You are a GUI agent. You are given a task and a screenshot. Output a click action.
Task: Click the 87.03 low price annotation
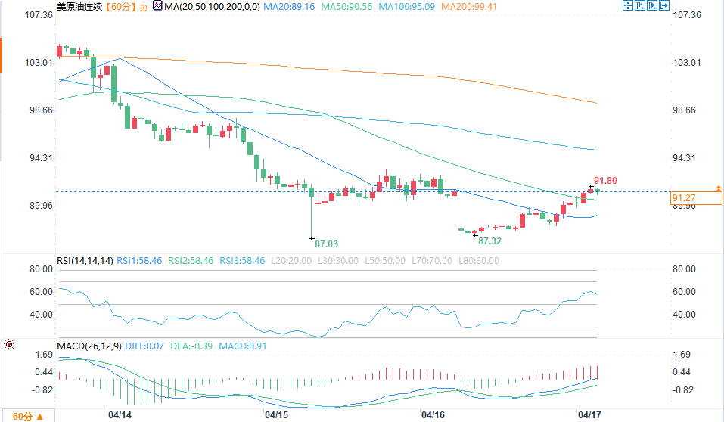click(x=326, y=244)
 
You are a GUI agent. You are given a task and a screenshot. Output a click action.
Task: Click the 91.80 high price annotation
click(x=605, y=180)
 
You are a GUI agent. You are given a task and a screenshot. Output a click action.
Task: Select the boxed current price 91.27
click(x=684, y=198)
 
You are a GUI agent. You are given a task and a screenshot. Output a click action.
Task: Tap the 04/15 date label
click(x=276, y=415)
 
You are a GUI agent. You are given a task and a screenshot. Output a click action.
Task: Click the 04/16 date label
click(x=432, y=415)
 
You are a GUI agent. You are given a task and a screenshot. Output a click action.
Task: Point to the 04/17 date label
click(x=589, y=415)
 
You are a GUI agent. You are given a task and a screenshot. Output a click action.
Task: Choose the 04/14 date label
click(x=120, y=415)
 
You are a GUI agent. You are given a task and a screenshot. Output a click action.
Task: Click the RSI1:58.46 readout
click(x=140, y=261)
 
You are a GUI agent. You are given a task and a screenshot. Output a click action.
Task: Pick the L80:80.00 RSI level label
click(x=478, y=261)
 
